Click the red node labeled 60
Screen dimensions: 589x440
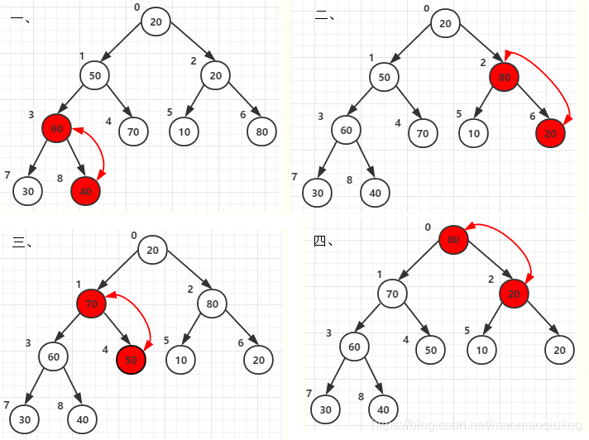tap(56, 129)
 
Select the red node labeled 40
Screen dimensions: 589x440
tap(85, 191)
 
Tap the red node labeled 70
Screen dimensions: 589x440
tap(92, 304)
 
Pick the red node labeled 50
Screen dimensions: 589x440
tap(131, 360)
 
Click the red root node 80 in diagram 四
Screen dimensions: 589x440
tap(453, 240)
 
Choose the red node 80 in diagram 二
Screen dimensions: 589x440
tap(504, 78)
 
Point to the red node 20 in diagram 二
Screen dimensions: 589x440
tap(550, 132)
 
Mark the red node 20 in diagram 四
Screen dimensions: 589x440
tap(514, 293)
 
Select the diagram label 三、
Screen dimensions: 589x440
tap(22, 242)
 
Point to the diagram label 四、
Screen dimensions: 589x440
tap(323, 241)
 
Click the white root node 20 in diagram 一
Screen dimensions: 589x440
tap(156, 22)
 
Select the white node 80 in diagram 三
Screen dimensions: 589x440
tap(213, 304)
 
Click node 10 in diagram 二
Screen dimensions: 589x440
tap(473, 132)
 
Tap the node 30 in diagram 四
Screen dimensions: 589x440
tap(325, 409)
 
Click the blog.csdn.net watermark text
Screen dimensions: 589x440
tap(477, 423)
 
